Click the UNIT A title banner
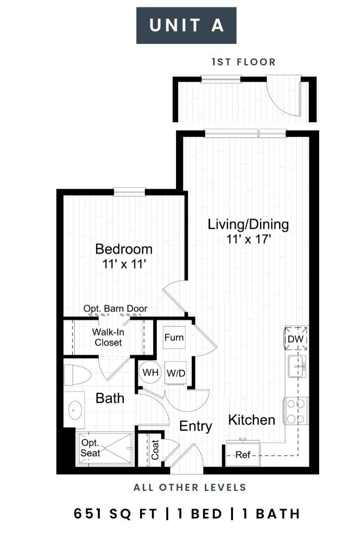tap(186, 26)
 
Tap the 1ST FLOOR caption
tap(244, 62)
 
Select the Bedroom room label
tap(124, 249)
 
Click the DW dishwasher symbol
tap(296, 339)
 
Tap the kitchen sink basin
tap(297, 366)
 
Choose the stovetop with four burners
tap(296, 411)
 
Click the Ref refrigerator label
tap(242, 455)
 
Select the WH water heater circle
tap(150, 372)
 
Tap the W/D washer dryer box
tap(176, 373)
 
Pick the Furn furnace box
tap(174, 337)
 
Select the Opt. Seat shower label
tap(90, 448)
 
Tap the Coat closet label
tap(155, 449)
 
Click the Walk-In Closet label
tap(108, 337)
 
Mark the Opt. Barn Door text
tap(115, 309)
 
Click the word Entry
tap(195, 426)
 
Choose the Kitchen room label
tap(252, 420)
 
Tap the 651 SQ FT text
tap(115, 514)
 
